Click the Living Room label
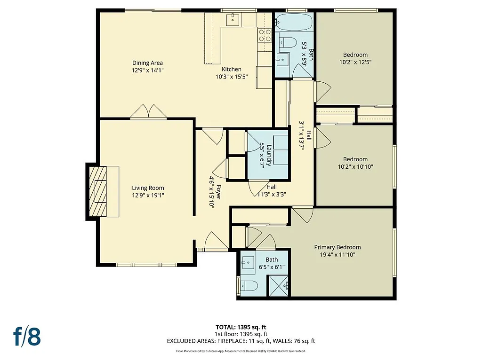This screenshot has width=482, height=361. coord(148,188)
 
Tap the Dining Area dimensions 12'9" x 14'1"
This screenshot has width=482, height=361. coord(148,70)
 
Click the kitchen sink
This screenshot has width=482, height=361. coord(233,20)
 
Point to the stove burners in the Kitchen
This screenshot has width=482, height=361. coord(265,35)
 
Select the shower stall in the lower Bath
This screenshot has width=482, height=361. coord(278,286)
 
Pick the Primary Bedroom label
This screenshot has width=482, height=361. coord(337,247)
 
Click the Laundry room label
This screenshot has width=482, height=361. coord(269,155)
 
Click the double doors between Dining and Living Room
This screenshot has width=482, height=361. coord(148,112)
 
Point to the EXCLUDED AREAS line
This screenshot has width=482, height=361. coord(241,341)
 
